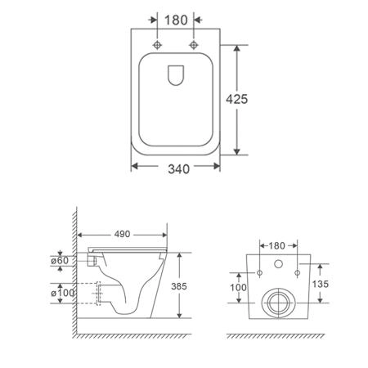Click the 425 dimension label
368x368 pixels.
[x=237, y=99]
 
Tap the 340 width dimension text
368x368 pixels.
[x=178, y=169]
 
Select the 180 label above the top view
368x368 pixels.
[x=176, y=20]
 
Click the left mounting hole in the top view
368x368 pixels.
[x=157, y=45]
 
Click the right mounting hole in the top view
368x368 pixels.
[x=194, y=45]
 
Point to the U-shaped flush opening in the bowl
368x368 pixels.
[x=176, y=75]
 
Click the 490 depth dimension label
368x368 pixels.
[x=122, y=234]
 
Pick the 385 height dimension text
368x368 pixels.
[x=179, y=286]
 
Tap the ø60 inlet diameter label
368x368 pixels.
[x=60, y=261]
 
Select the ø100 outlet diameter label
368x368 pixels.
[x=63, y=293]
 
